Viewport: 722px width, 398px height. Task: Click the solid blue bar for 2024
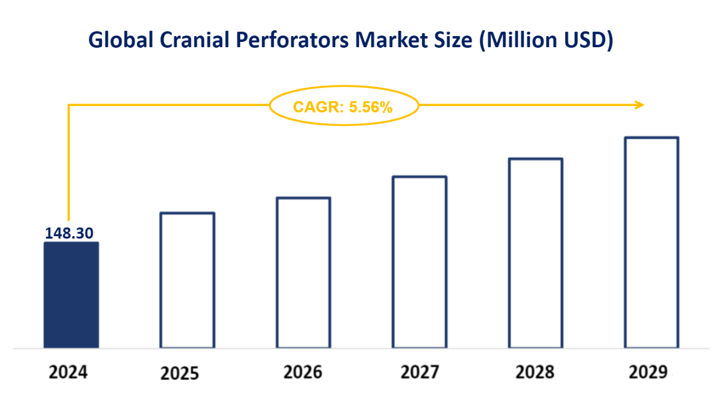click(71, 295)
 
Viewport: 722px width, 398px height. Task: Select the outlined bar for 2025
click(188, 280)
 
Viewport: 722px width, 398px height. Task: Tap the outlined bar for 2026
click(303, 273)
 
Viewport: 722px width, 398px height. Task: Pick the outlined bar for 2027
click(420, 262)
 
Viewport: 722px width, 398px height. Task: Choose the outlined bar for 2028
click(536, 253)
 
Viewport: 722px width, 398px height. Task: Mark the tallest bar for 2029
click(652, 243)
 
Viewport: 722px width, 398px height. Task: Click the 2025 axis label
click(180, 374)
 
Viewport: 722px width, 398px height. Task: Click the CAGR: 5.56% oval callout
click(343, 107)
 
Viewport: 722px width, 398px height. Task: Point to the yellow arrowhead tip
click(643, 105)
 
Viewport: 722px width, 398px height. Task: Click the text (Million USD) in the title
click(546, 41)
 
